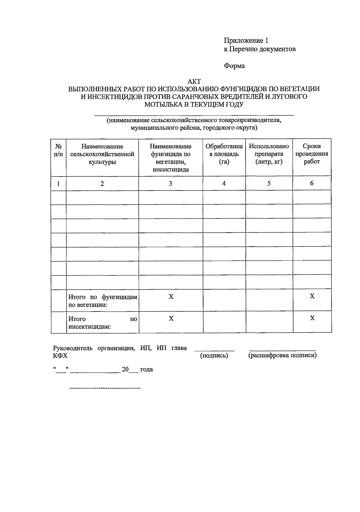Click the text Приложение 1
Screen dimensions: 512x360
[246, 41]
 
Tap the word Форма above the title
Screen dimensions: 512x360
[234, 66]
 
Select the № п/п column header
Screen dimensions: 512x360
[58, 150]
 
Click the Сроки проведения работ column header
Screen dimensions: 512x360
[312, 154]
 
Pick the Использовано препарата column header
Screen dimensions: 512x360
[269, 154]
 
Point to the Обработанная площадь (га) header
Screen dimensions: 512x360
[224, 154]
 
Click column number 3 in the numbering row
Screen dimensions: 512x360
[170, 183]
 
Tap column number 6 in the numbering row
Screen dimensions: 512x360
[312, 183]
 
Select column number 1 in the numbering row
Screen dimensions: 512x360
[58, 184]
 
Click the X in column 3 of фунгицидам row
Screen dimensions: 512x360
[171, 297]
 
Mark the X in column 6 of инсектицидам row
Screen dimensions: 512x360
[312, 318]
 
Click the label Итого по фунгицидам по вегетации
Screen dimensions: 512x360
[102, 301]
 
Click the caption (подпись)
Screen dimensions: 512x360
[214, 356]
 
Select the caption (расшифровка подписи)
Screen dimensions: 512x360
[282, 356]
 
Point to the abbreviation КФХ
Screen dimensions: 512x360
[60, 356]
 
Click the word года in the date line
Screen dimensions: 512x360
[146, 369]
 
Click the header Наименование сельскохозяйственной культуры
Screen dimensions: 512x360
[102, 154]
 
